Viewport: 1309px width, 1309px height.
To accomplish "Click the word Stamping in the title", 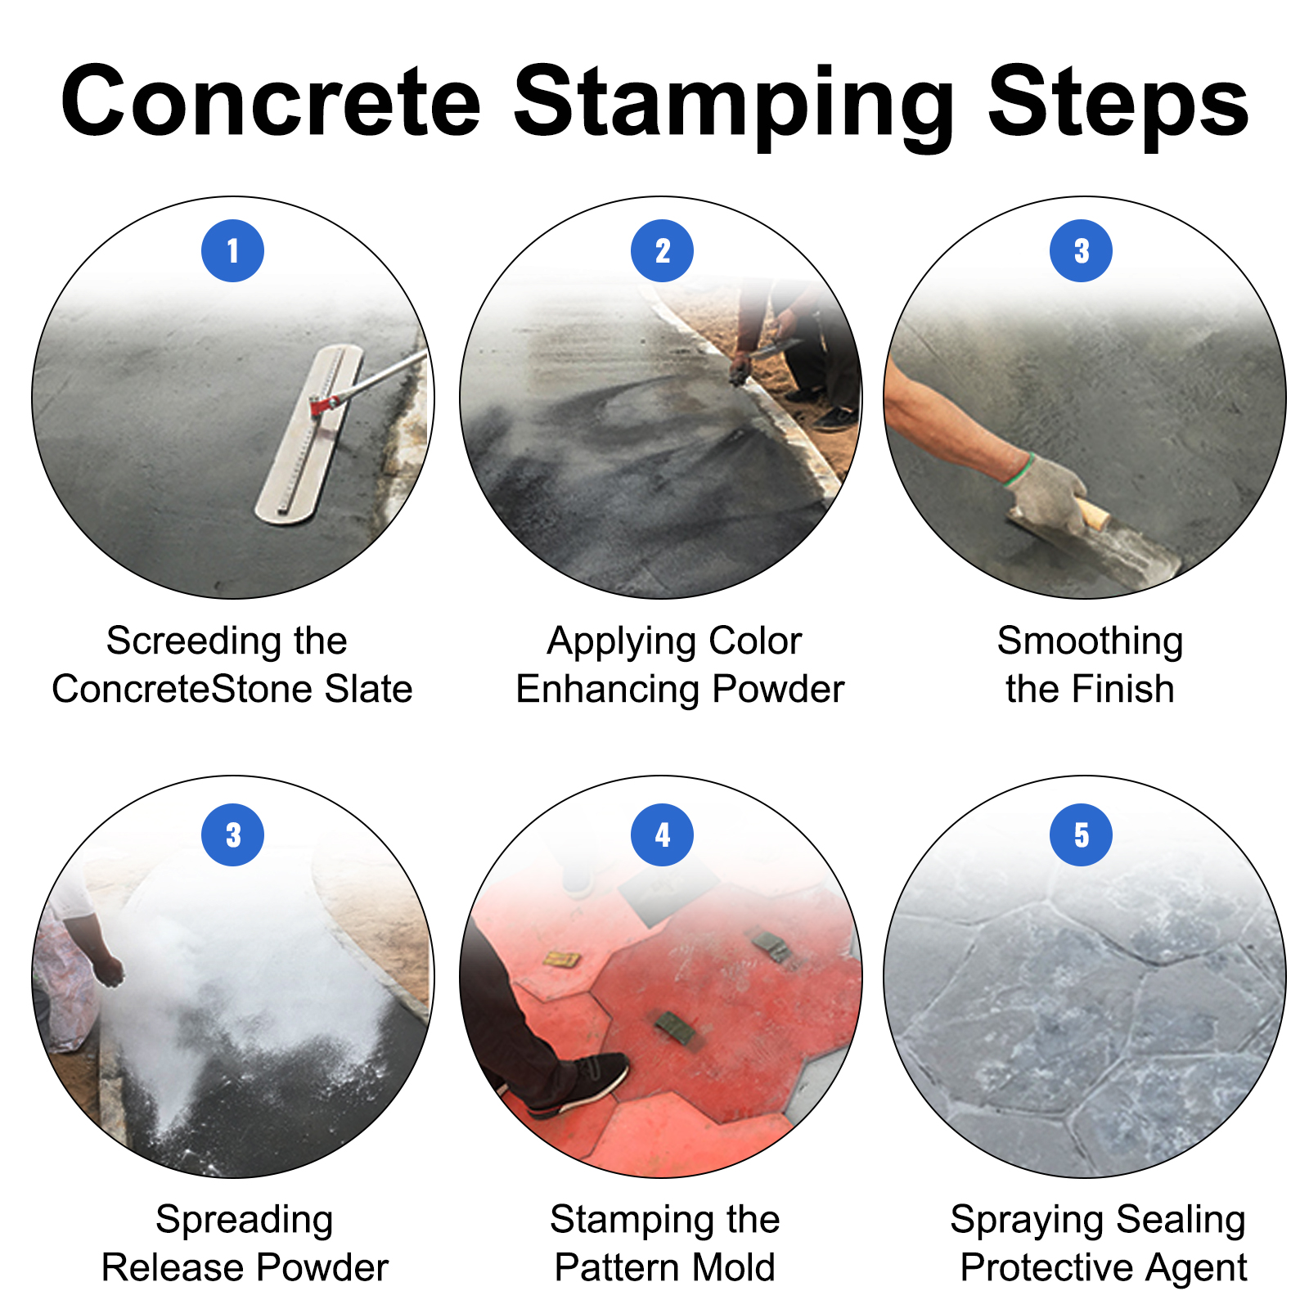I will pos(734,102).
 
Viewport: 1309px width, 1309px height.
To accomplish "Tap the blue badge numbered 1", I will pos(232,251).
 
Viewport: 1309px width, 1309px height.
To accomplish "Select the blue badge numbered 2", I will pos(662,251).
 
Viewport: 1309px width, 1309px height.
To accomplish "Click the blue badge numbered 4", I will pos(662,834).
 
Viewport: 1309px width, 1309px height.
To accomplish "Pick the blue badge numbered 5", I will pos(1081,834).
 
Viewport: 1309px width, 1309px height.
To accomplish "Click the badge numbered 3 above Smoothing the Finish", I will pos(1081,251).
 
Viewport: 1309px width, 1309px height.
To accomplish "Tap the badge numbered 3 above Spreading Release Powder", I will pos(232,834).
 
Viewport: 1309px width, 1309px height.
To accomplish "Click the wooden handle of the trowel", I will pos(1095,515).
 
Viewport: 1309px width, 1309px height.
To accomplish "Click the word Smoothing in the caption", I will pos(1090,641).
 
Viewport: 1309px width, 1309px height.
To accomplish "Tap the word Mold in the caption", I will pos(732,1267).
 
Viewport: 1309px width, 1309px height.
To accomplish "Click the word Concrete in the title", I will pos(270,102).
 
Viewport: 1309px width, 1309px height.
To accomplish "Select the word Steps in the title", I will pos(1118,102).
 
